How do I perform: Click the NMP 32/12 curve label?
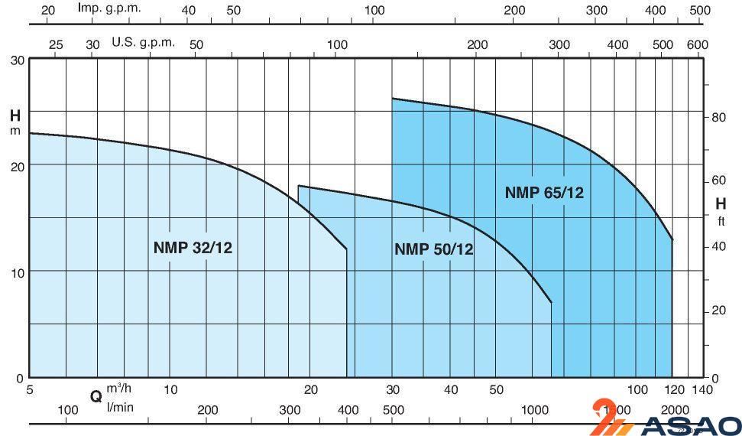193,247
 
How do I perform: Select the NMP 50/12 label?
433,249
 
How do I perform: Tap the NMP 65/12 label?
543,193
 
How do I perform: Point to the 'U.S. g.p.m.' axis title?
144,42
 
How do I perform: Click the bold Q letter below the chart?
96,396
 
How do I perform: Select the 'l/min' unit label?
120,406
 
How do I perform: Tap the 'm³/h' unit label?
119,389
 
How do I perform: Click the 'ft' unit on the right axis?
721,223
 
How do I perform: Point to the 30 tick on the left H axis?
17,60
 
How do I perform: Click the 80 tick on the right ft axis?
718,117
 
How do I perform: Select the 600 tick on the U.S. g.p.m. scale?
697,44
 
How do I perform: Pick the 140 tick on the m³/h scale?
702,389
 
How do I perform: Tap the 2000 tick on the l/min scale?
674,410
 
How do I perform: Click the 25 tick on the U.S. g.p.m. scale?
56,44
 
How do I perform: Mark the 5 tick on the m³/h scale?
30,389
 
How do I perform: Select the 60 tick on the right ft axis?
718,181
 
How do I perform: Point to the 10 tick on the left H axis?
17,272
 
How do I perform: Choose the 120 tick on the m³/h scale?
672,389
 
